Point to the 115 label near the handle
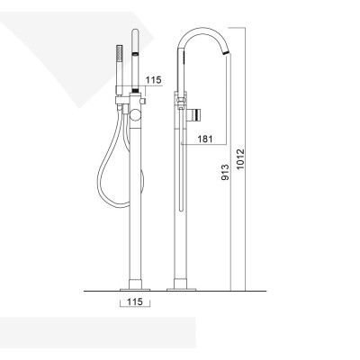[152, 81]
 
